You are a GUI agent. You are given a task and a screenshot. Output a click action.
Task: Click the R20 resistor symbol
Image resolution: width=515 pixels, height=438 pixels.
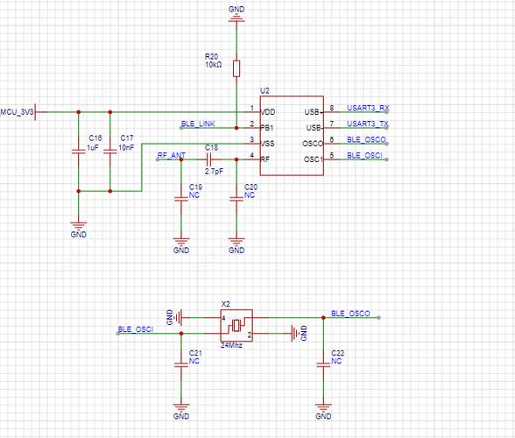[236, 67]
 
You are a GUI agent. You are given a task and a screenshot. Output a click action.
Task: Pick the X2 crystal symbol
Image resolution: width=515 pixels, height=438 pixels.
[236, 325]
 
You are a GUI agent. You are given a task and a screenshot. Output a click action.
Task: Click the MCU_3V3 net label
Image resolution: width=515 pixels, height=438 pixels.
[17, 112]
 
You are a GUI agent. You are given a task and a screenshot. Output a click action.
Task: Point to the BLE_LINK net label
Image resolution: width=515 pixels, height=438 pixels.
[198, 124]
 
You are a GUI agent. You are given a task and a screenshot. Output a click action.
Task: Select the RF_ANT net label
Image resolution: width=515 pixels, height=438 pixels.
[171, 155]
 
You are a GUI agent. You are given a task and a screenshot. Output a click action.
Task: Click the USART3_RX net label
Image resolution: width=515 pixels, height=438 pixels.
[368, 109]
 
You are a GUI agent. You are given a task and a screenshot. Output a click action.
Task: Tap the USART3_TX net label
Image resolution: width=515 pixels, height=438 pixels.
[368, 124]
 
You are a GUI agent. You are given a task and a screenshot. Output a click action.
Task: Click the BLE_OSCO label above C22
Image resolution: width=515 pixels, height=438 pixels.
[350, 314]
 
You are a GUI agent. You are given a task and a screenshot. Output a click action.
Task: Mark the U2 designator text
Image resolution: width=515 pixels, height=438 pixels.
[265, 92]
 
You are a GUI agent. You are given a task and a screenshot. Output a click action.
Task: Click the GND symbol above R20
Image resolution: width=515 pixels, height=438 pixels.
[236, 12]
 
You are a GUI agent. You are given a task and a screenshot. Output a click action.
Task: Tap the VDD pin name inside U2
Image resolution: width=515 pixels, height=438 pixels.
[269, 112]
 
